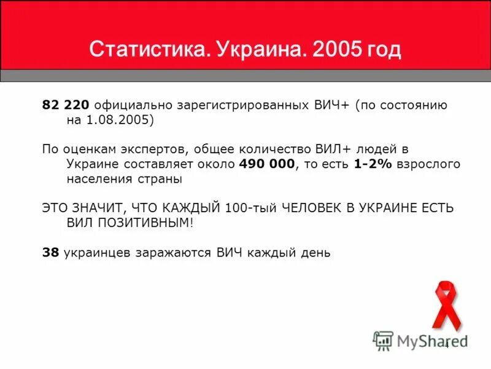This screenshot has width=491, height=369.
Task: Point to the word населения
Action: click(x=96, y=180)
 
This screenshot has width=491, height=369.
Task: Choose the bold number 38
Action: click(x=50, y=253)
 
